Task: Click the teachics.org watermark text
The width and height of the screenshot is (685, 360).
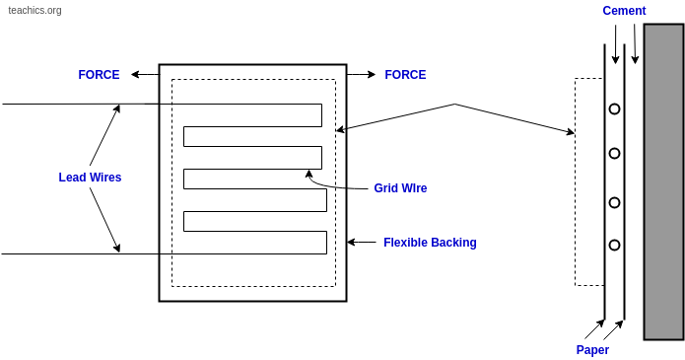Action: click(x=34, y=11)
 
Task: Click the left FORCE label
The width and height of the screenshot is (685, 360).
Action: click(x=99, y=75)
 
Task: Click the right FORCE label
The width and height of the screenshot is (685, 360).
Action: click(x=405, y=75)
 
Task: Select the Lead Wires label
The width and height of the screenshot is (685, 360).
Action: click(x=90, y=178)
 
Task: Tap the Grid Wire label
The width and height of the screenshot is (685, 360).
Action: click(x=400, y=188)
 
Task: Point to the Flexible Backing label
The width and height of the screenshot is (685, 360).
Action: click(x=430, y=243)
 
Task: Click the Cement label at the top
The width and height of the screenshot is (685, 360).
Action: click(x=624, y=11)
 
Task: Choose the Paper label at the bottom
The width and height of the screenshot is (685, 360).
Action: click(x=592, y=350)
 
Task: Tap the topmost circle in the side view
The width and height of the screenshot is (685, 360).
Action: click(x=614, y=108)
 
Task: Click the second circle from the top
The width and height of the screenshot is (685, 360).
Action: click(x=614, y=153)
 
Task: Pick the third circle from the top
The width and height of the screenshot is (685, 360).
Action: click(x=614, y=202)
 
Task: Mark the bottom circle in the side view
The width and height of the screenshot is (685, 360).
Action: click(x=614, y=245)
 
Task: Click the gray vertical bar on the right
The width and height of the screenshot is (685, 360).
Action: click(x=663, y=181)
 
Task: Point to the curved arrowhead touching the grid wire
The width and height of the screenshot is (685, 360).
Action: click(x=308, y=174)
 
